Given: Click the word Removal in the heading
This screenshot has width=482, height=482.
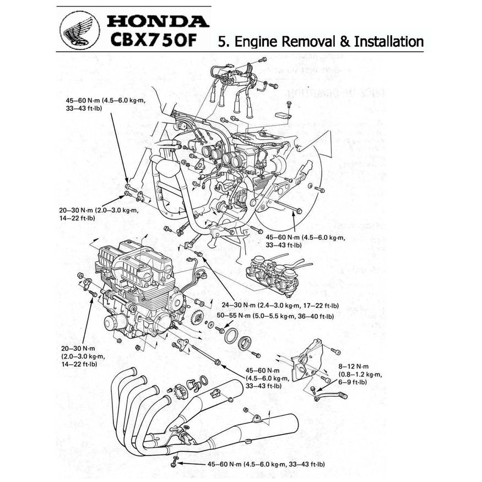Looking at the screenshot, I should (x=313, y=41).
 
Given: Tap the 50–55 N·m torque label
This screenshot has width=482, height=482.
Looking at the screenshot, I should (x=234, y=316).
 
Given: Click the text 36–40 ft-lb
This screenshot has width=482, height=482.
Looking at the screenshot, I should (x=315, y=316).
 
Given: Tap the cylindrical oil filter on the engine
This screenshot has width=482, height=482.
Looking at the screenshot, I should (x=113, y=324).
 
